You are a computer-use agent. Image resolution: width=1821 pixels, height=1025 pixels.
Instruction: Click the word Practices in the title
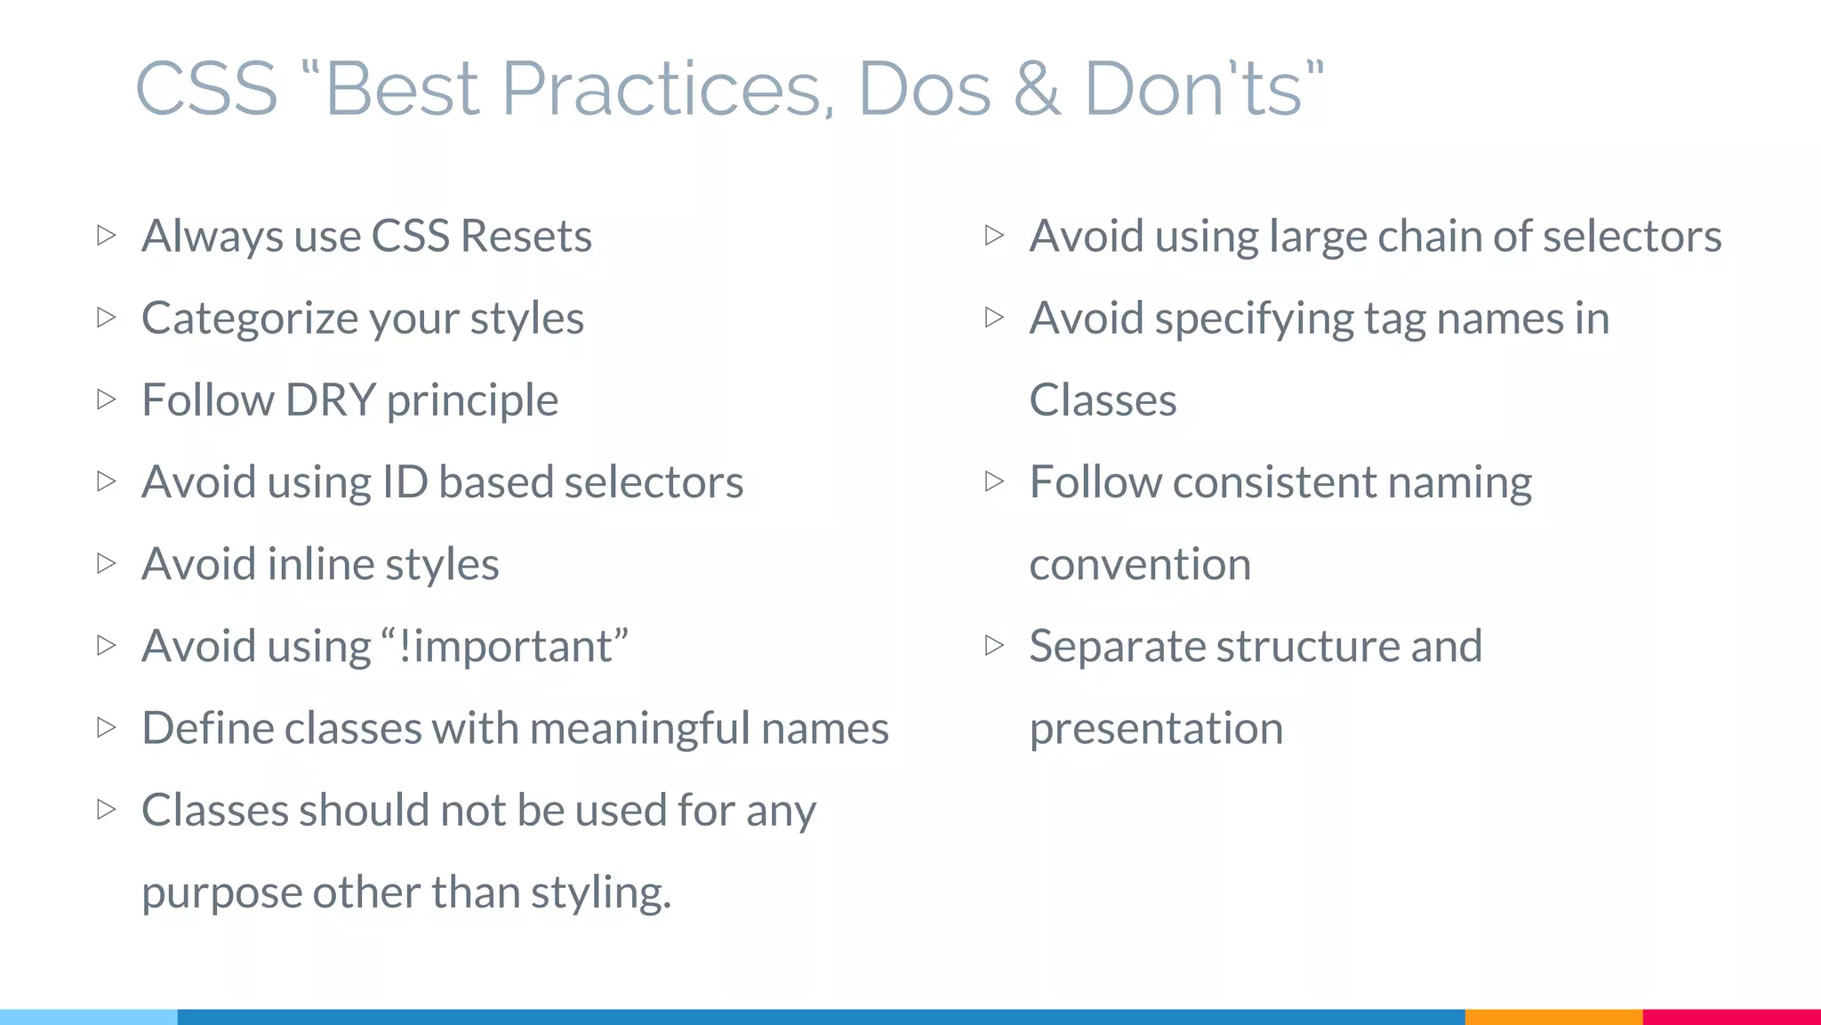click(x=667, y=89)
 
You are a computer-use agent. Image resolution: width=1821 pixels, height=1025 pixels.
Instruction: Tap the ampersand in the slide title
click(x=1037, y=89)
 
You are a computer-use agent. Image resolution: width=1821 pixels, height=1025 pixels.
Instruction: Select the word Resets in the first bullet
click(x=525, y=236)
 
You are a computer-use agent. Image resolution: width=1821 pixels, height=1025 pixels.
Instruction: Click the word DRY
click(x=330, y=400)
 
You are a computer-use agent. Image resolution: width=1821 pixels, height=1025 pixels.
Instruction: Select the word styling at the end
click(x=600, y=892)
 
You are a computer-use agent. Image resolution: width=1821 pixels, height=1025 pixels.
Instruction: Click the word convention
click(x=1140, y=564)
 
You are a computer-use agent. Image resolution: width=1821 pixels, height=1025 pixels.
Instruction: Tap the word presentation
click(x=1156, y=729)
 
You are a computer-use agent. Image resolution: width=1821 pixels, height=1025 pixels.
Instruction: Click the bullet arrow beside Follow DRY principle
click(x=107, y=400)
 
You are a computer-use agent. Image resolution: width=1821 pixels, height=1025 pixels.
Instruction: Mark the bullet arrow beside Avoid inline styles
click(x=107, y=563)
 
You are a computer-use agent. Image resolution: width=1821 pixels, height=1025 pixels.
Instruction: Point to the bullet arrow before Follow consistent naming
click(x=995, y=481)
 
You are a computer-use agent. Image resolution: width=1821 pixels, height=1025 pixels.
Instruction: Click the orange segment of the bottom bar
click(x=1553, y=1017)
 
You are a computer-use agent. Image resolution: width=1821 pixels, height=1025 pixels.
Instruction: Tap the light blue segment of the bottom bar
click(x=89, y=1017)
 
